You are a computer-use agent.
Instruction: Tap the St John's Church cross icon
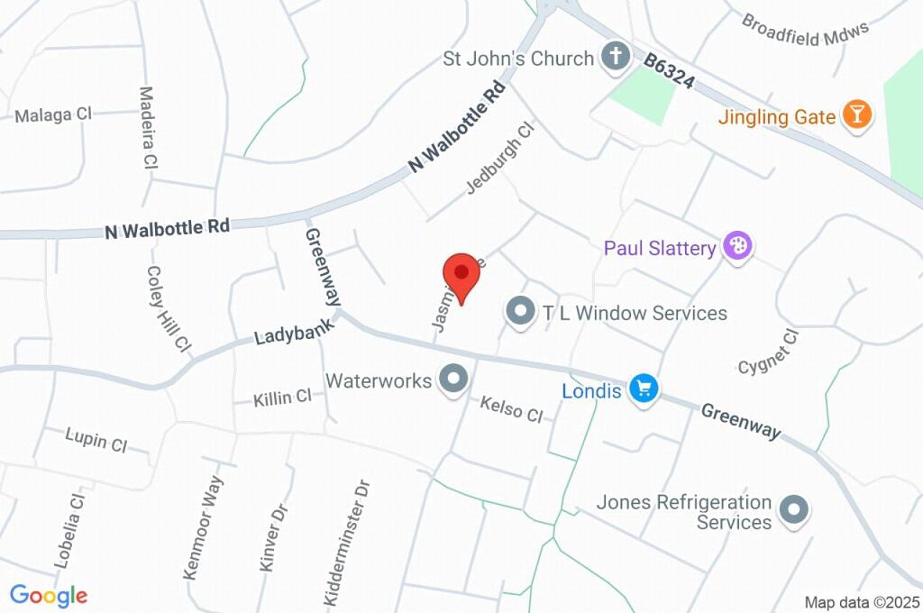[616, 57]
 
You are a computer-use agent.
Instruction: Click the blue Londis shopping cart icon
[644, 389]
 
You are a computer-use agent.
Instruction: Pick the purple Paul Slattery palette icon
[738, 245]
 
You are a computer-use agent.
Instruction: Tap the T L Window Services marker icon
[519, 312]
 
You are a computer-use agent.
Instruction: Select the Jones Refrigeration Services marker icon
[794, 510]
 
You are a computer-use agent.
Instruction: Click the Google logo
[49, 595]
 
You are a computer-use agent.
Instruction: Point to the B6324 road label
[669, 69]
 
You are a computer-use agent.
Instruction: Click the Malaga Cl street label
[54, 114]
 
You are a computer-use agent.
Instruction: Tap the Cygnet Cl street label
[768, 352]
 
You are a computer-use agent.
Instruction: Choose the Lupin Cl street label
[96, 441]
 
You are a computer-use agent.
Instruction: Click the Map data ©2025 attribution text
[862, 602]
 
